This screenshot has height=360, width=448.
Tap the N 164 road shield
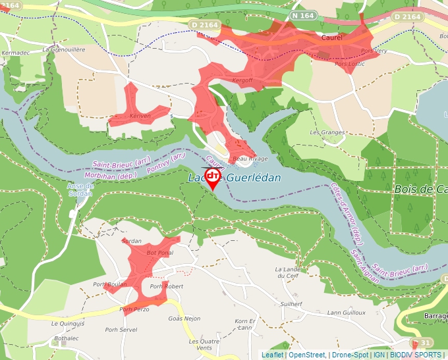click(x=304, y=15)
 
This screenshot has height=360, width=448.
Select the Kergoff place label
click(x=243, y=80)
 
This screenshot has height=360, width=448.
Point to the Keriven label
click(x=140, y=116)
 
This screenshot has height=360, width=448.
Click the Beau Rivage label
click(x=249, y=159)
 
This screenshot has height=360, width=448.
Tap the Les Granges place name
click(x=327, y=132)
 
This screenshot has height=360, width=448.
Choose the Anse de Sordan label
click(x=80, y=190)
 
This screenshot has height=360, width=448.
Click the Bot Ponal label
click(x=159, y=253)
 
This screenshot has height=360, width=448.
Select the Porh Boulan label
click(x=109, y=284)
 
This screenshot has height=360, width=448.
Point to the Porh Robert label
click(x=166, y=286)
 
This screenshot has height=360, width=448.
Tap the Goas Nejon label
click(x=184, y=319)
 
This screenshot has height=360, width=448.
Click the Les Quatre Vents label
click(x=204, y=345)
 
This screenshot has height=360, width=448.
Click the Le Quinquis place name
click(x=69, y=324)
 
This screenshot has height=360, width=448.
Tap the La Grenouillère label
click(x=64, y=49)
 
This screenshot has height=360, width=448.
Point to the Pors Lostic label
click(x=350, y=64)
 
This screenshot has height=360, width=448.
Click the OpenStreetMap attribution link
click(x=307, y=355)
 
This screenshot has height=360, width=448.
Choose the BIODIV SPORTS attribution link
click(x=416, y=355)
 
